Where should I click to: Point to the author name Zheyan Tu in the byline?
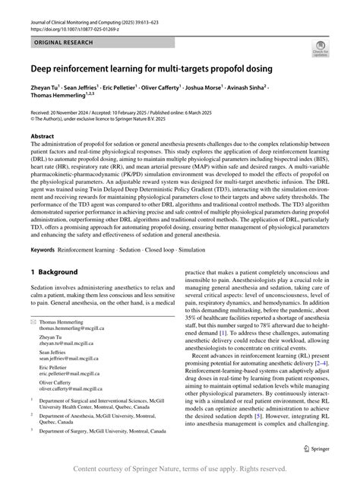coord(47,88)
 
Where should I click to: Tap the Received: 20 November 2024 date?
coord(67,112)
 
